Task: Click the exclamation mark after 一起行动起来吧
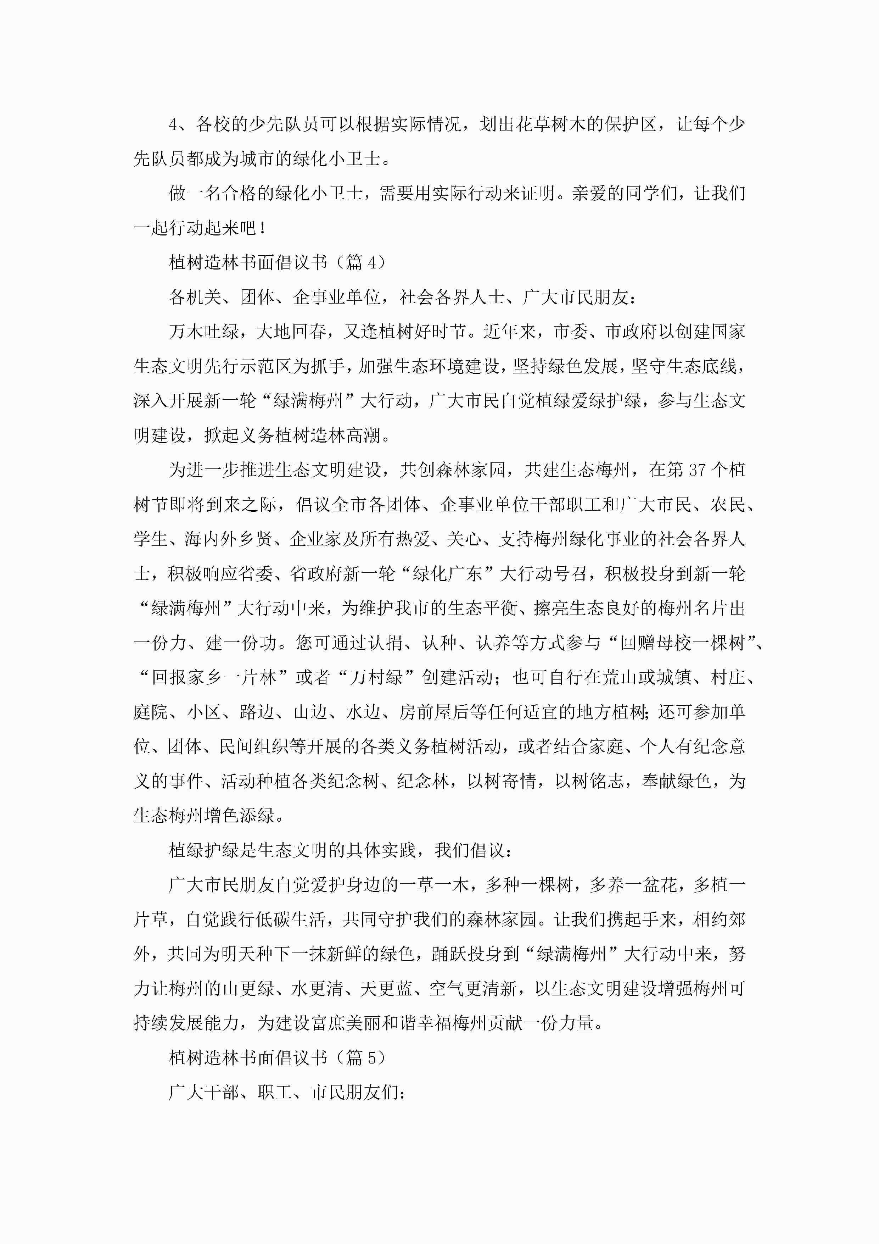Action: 263,228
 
